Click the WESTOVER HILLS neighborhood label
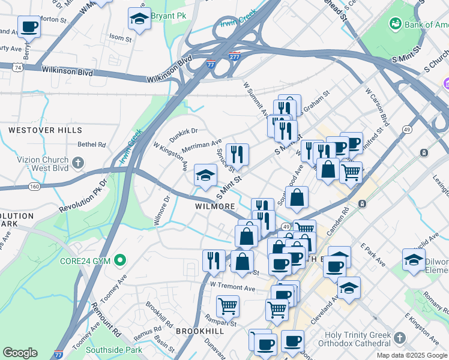40,130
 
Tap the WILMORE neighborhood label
214,206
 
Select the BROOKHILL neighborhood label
199,331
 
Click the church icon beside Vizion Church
77,162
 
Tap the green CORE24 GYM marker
121,260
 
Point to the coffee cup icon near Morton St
29,26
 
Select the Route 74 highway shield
20,68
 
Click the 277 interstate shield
235,56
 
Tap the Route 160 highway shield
34,187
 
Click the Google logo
20,353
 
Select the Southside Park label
114,350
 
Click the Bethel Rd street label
91,145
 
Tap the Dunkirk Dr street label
183,135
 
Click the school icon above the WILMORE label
205,175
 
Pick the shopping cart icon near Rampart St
228,305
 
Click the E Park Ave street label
373,254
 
